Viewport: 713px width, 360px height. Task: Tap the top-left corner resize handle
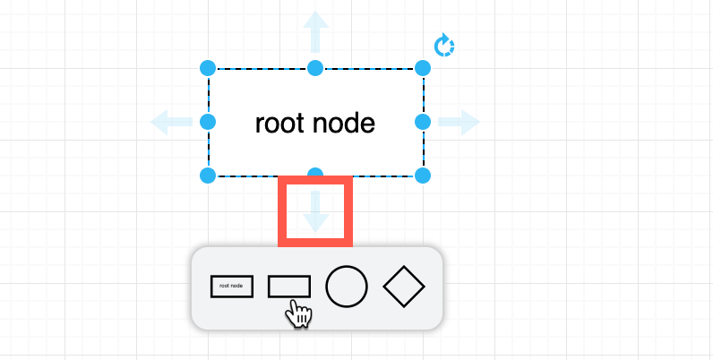pyautogui.click(x=208, y=68)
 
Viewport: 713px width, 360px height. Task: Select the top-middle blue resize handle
pyautogui.click(x=315, y=68)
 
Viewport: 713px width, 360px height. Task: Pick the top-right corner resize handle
pyautogui.click(x=424, y=68)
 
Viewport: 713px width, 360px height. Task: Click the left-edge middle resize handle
pyautogui.click(x=208, y=121)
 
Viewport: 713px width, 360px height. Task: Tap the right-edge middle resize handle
pyautogui.click(x=424, y=121)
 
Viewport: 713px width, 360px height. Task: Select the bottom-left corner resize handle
pyautogui.click(x=208, y=175)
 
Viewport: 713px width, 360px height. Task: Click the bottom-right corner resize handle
pyautogui.click(x=424, y=175)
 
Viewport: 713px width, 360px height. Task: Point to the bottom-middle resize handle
pyautogui.click(x=315, y=174)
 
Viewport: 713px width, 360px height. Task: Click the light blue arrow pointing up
pyautogui.click(x=315, y=31)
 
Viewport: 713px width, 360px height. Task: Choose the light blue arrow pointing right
pyautogui.click(x=460, y=121)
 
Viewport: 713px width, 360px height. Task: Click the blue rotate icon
pyautogui.click(x=444, y=45)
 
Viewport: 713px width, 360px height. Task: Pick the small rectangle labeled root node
pyautogui.click(x=232, y=287)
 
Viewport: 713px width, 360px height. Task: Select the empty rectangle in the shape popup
pyautogui.click(x=289, y=286)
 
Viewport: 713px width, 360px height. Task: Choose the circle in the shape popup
pyautogui.click(x=347, y=287)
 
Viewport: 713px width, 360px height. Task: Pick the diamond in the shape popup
pyautogui.click(x=404, y=287)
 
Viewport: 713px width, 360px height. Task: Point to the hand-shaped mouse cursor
pyautogui.click(x=299, y=314)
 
